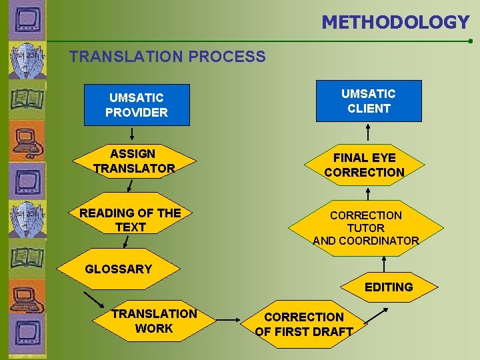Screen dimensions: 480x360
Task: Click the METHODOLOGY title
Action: (x=395, y=22)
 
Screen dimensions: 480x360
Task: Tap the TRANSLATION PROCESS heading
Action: (x=167, y=57)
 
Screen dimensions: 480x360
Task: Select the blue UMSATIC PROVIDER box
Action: (x=137, y=105)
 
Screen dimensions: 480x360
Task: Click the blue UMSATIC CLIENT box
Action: (x=369, y=101)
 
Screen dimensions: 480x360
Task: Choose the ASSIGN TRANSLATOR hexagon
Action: (x=134, y=161)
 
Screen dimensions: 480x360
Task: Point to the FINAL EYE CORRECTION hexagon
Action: (x=365, y=165)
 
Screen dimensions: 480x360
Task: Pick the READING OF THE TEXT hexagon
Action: (x=131, y=220)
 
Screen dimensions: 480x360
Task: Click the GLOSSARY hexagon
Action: (x=119, y=269)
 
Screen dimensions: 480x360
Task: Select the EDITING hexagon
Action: (x=389, y=287)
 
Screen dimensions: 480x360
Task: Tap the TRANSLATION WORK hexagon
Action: (x=154, y=321)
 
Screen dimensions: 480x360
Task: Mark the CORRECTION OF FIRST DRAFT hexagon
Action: (x=304, y=324)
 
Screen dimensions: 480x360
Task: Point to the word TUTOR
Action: (x=365, y=228)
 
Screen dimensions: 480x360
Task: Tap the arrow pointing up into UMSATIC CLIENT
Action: (x=368, y=133)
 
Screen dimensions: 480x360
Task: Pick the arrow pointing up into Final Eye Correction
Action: (x=367, y=192)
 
